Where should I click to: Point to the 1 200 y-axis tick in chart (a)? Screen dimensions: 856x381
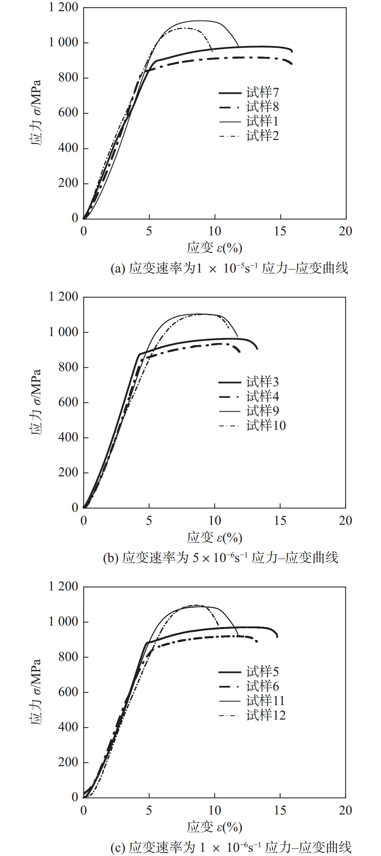(64, 7)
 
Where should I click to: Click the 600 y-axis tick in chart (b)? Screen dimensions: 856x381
(68, 402)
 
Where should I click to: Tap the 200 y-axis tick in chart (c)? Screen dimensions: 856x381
(68, 762)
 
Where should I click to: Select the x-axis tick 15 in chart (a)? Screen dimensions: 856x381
(280, 231)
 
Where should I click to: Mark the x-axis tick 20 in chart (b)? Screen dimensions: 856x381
(345, 520)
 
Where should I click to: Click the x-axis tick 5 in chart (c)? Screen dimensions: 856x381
(149, 810)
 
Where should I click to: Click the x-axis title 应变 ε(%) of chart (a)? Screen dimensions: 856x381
(215, 248)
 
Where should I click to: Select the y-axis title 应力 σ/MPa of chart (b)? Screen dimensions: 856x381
(36, 402)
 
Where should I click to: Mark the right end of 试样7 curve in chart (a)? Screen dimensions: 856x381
(292, 51)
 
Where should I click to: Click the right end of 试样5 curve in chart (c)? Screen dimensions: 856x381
(277, 637)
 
